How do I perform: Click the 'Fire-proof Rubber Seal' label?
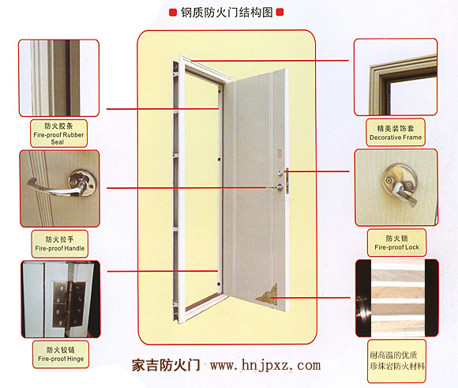click(x=58, y=138)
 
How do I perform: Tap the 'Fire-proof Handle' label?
click(x=60, y=248)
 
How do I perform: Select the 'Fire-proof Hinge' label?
click(x=61, y=359)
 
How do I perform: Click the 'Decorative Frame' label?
click(x=396, y=137)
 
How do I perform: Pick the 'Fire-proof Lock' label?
click(x=396, y=247)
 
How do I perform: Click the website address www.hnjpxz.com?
click(x=265, y=366)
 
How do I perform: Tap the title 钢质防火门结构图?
click(x=227, y=13)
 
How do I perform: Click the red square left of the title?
click(x=173, y=13)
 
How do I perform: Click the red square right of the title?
click(x=280, y=13)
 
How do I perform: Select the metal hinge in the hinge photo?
click(x=69, y=304)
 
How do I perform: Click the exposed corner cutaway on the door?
click(x=267, y=294)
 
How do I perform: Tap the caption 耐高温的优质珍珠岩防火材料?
click(x=397, y=360)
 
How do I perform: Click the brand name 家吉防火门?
click(x=166, y=366)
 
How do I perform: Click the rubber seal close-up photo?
click(x=59, y=77)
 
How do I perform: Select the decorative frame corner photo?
click(x=396, y=77)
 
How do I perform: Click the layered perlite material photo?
click(x=397, y=298)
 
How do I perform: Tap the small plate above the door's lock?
click(x=280, y=153)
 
